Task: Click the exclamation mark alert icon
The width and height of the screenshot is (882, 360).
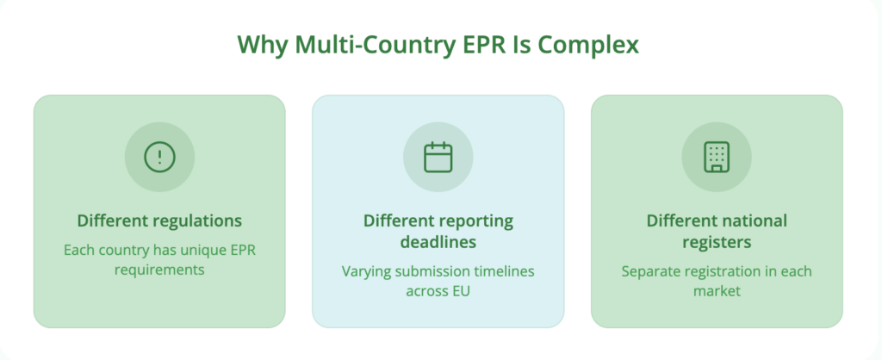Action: (x=159, y=156)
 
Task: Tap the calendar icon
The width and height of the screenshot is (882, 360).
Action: (x=438, y=156)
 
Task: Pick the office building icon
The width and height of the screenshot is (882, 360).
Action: (x=717, y=156)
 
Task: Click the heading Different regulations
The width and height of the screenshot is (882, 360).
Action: (x=159, y=220)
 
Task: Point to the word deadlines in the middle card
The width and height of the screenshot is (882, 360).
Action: (x=438, y=242)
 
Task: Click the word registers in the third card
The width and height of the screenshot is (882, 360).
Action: (x=717, y=242)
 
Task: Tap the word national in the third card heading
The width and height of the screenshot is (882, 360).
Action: (x=752, y=220)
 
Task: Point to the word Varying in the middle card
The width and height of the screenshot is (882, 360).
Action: (x=368, y=271)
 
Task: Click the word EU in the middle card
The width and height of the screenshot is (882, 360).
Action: (x=461, y=292)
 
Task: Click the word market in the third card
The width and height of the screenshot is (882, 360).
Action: (x=717, y=292)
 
